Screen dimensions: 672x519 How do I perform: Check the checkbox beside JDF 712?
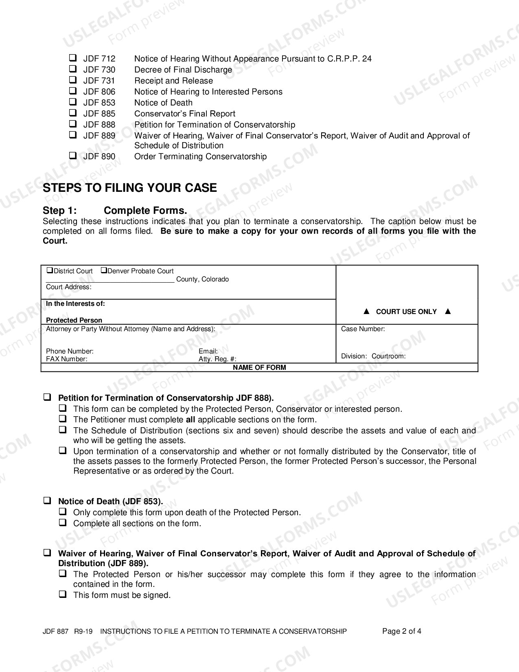73,58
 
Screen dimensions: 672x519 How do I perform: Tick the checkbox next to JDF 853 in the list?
73,102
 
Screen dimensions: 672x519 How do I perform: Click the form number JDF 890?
99,157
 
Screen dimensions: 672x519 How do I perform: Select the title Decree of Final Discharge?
183,70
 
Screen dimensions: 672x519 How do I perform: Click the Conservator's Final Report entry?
184,114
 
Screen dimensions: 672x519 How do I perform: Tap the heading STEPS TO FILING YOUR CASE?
130,188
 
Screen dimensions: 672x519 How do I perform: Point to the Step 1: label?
59,211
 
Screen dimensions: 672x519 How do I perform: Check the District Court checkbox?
50,270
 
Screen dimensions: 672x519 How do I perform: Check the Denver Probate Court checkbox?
104,270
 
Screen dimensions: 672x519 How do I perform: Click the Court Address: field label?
68,287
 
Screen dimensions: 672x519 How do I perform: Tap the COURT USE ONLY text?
406,312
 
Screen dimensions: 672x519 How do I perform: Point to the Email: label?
208,351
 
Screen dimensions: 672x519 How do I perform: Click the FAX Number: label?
66,359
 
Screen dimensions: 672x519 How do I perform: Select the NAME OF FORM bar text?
259,368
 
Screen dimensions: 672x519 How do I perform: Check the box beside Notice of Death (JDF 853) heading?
47,501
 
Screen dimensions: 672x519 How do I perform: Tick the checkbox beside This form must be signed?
63,595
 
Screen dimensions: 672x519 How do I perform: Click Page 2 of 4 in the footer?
401,632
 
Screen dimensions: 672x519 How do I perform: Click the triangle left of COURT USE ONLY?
366,312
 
